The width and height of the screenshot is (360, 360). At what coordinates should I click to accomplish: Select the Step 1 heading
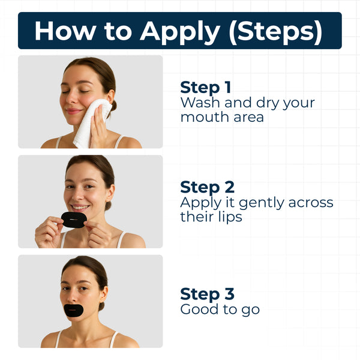click(206, 87)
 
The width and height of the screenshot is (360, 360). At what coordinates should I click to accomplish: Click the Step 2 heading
click(207, 187)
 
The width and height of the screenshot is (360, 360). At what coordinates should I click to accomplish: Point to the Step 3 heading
click(207, 294)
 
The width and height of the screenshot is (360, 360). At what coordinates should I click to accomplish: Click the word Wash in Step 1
click(200, 102)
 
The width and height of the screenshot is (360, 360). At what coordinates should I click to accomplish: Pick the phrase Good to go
click(220, 310)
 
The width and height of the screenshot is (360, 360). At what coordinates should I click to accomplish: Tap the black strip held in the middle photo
click(74, 220)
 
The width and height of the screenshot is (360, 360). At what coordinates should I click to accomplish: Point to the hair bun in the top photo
click(113, 106)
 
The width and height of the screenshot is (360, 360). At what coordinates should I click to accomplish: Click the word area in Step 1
click(248, 117)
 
